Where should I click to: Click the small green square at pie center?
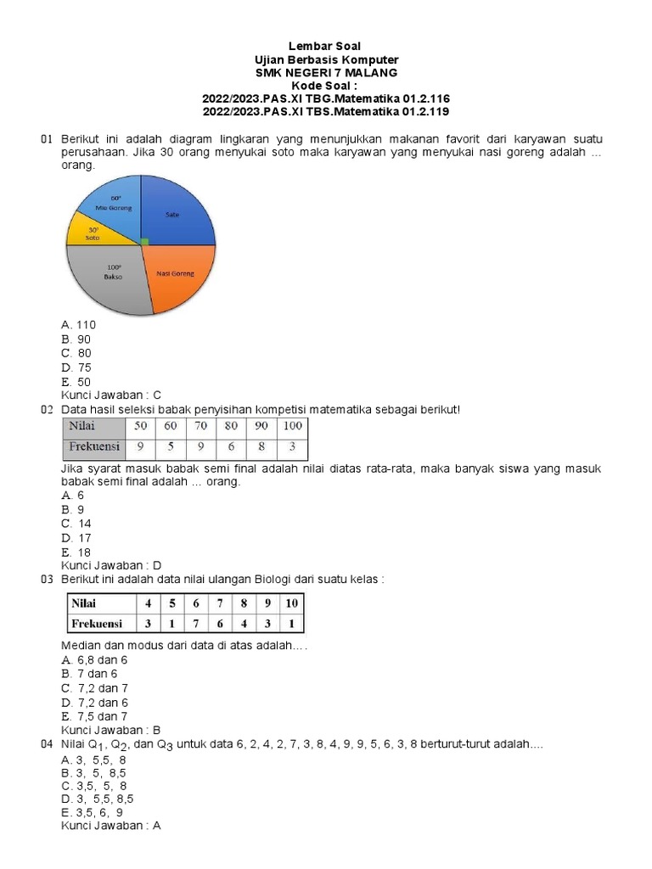[x=144, y=243]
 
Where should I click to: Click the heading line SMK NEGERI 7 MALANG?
[x=326, y=73]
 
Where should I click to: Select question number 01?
[x=48, y=138]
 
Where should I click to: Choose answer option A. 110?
[x=79, y=324]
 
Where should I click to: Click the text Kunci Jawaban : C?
[x=111, y=395]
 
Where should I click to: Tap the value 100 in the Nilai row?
[x=292, y=425]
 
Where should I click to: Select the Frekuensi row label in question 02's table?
[x=94, y=446]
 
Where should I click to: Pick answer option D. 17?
[x=76, y=537]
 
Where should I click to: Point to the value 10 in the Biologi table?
[x=290, y=603]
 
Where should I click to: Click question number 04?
[x=48, y=744]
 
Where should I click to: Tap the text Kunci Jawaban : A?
[x=111, y=826]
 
